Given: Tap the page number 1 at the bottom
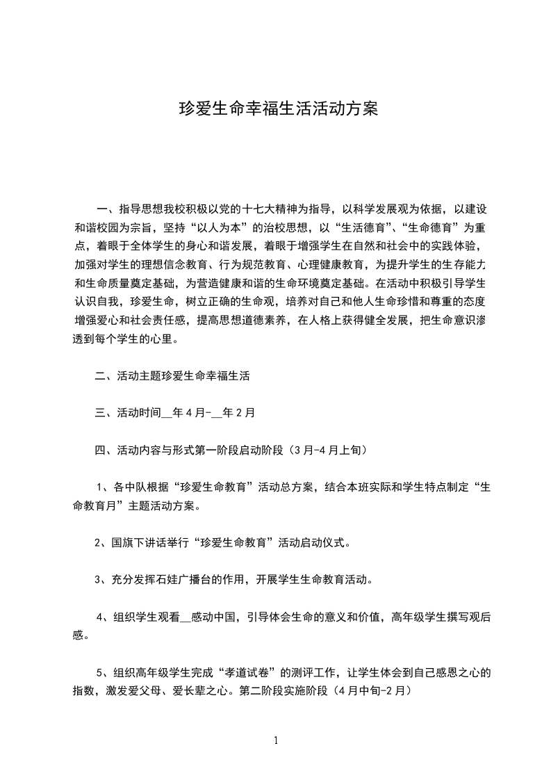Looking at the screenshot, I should click(x=276, y=740).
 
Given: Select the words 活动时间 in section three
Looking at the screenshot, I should click(x=139, y=413).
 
